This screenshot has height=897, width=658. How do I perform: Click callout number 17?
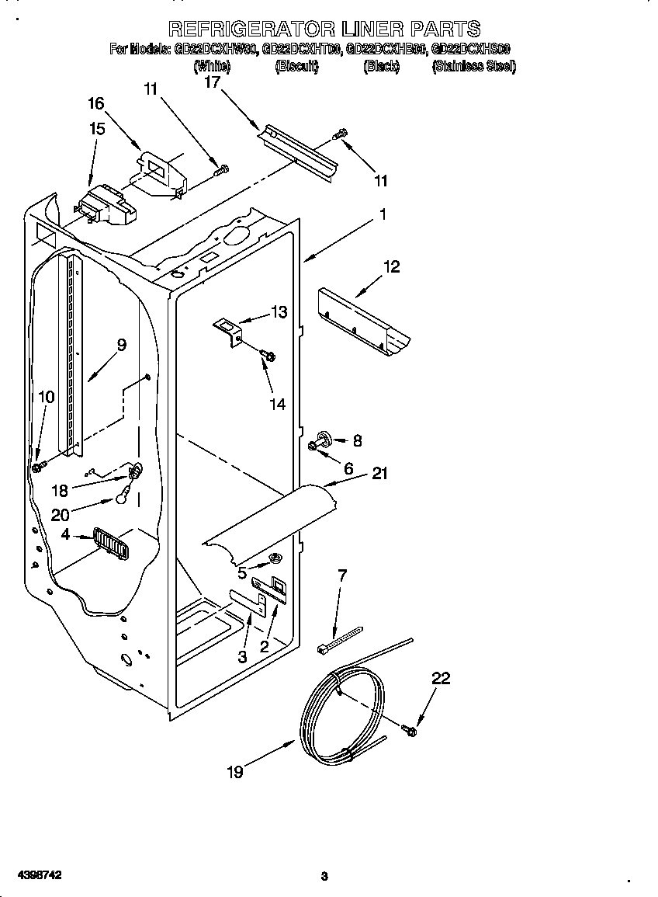coord(213,82)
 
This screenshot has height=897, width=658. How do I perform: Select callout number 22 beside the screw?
coord(440,678)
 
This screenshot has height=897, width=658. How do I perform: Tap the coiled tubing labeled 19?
coord(341,711)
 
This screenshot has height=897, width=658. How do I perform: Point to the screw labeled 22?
coord(410,729)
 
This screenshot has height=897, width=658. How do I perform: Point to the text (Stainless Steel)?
coord(473,67)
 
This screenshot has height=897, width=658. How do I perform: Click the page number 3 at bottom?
coord(324,877)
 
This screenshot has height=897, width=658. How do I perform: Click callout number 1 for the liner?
coord(382,215)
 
